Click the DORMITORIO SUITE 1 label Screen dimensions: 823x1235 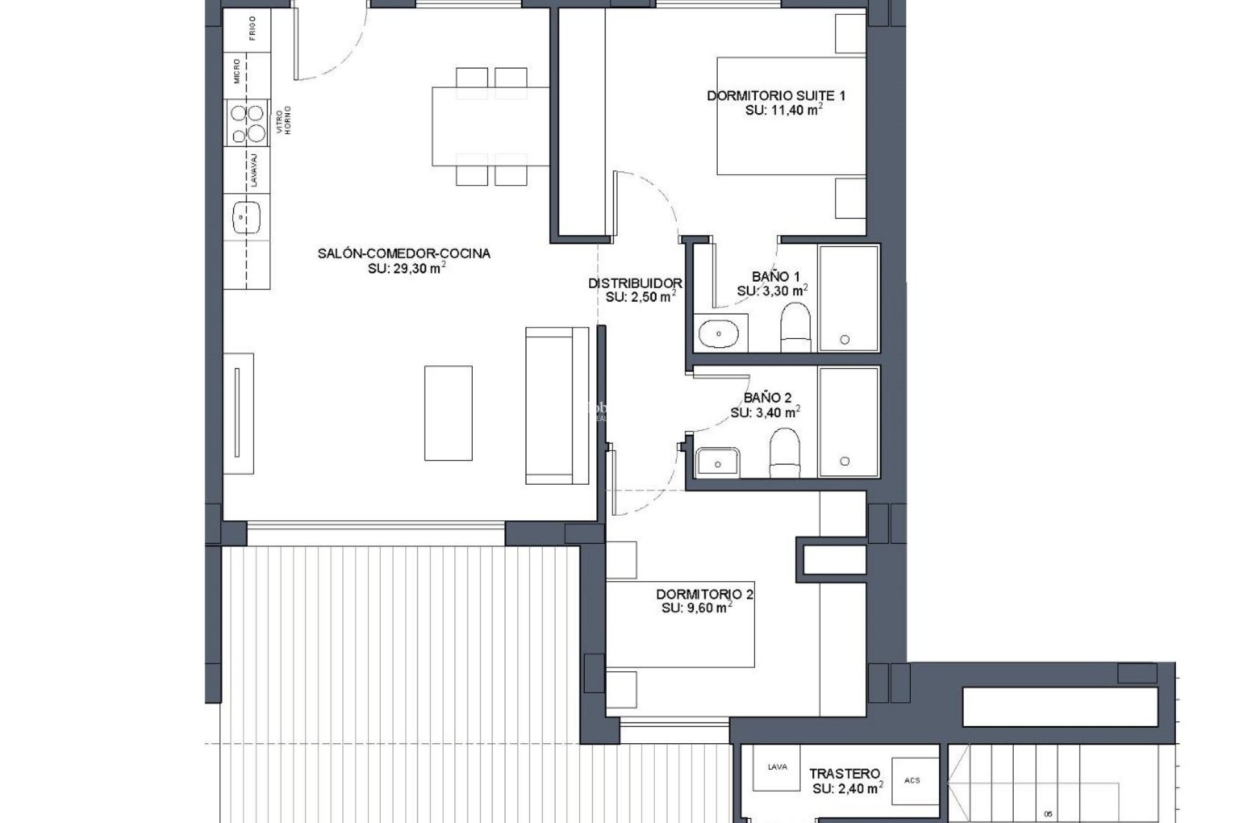[x=776, y=96]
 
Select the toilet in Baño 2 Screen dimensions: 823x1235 [x=784, y=453]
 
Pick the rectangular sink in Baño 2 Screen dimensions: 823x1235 [x=718, y=462]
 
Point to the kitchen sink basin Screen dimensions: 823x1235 [x=247, y=217]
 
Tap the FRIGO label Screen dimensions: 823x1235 [x=253, y=29]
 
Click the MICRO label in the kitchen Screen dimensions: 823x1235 [x=237, y=71]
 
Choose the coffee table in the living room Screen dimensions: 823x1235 [x=448, y=413]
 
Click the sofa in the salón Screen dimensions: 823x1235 [x=556, y=405]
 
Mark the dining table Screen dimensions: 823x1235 [x=490, y=127]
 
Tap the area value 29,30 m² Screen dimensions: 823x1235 [x=407, y=269]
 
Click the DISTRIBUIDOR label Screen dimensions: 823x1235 [x=635, y=283]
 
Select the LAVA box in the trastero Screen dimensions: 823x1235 [x=776, y=768]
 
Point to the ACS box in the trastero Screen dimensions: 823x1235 [x=911, y=781]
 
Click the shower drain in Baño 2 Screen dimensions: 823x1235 [x=845, y=461]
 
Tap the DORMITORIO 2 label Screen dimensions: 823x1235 [x=704, y=595]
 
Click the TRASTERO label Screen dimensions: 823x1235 [x=845, y=773]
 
